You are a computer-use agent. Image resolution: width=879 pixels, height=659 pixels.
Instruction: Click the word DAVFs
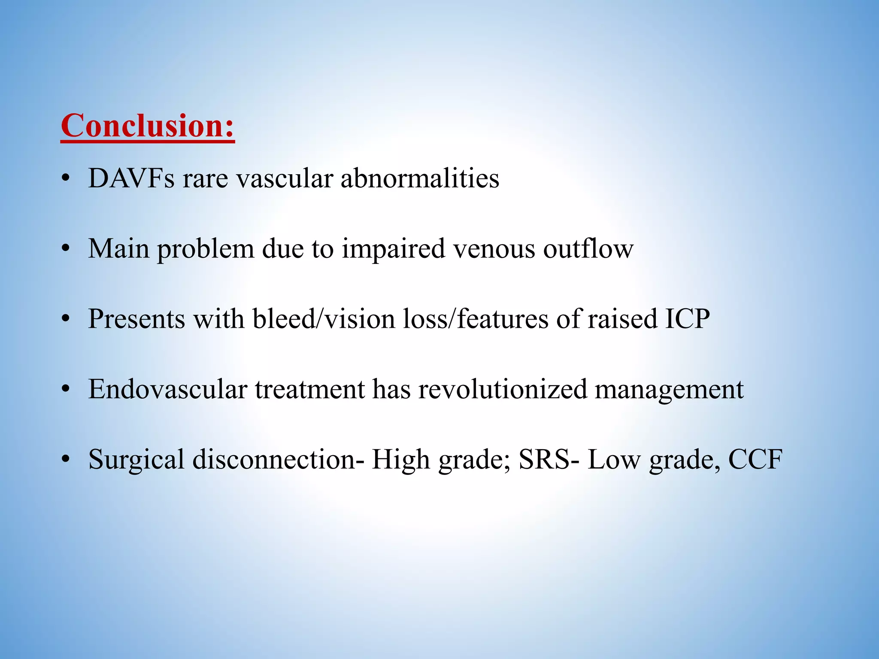click(x=131, y=178)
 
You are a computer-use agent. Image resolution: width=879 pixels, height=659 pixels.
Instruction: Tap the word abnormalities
click(x=420, y=178)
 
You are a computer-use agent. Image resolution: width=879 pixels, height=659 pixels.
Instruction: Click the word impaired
click(x=393, y=249)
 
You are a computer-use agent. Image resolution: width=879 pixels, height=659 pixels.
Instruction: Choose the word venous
click(x=494, y=249)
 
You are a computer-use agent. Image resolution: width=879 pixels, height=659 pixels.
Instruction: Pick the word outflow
click(x=588, y=248)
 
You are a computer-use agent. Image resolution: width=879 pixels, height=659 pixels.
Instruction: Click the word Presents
click(x=136, y=319)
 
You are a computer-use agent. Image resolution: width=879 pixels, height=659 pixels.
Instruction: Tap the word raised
click(x=622, y=319)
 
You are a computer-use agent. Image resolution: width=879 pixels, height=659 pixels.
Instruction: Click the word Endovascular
click(x=167, y=389)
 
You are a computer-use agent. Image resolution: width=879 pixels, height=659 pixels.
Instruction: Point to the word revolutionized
click(x=503, y=389)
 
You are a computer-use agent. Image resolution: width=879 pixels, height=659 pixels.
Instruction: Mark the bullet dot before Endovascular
click(x=65, y=390)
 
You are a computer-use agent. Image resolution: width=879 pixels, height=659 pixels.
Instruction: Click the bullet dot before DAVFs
click(x=65, y=178)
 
